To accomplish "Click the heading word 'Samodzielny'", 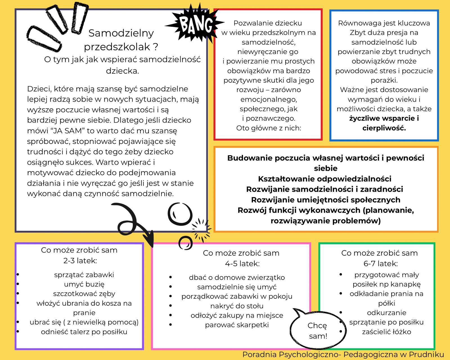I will [x=121, y=33].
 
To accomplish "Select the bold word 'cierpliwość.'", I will [x=384, y=128].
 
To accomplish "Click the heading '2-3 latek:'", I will [x=80, y=261].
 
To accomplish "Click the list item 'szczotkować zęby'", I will [x=84, y=294].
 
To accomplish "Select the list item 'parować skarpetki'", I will [x=237, y=325].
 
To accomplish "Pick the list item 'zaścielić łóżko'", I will [x=386, y=332].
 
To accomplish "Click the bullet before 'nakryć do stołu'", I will [x=170, y=306].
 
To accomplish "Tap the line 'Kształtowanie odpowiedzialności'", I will [x=325, y=179].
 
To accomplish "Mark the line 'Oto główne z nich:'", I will [x=268, y=128].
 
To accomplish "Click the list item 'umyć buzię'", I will [x=84, y=284].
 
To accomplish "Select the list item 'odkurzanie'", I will [x=386, y=313].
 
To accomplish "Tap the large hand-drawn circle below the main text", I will [x=180, y=214].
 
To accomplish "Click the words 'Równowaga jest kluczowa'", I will [x=384, y=23].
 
